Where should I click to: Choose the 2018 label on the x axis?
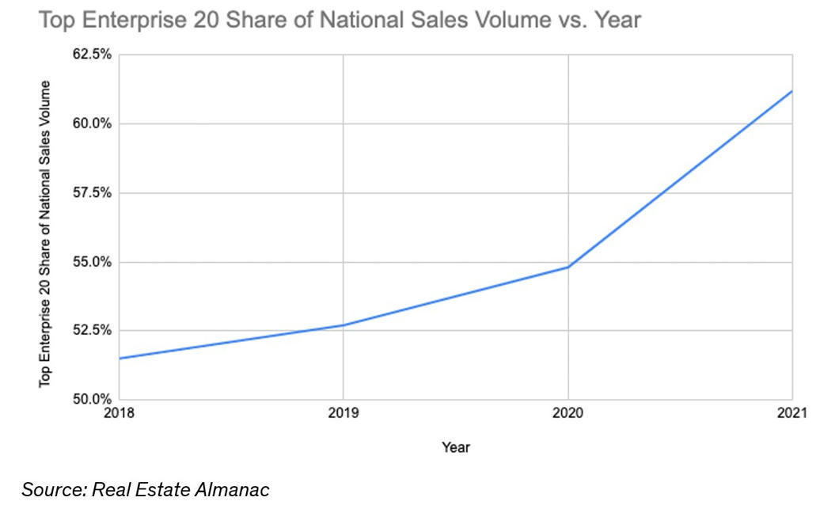119,412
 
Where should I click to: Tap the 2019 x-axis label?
343,412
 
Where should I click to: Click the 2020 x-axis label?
568,412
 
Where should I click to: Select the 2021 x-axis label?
791,412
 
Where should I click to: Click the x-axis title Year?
456,448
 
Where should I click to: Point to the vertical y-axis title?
45,234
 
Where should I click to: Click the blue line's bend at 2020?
568,267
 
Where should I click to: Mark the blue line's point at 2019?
343,325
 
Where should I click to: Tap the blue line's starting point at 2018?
120,358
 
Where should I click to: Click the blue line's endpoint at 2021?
792,91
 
